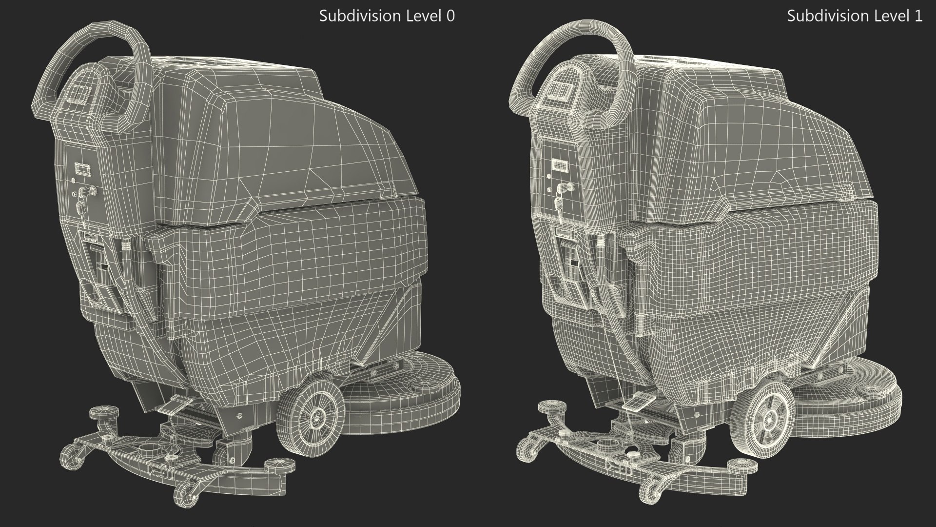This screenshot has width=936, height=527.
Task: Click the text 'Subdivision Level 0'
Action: pyautogui.click(x=387, y=16)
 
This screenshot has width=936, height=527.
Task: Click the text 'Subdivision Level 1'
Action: pyautogui.click(x=855, y=16)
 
